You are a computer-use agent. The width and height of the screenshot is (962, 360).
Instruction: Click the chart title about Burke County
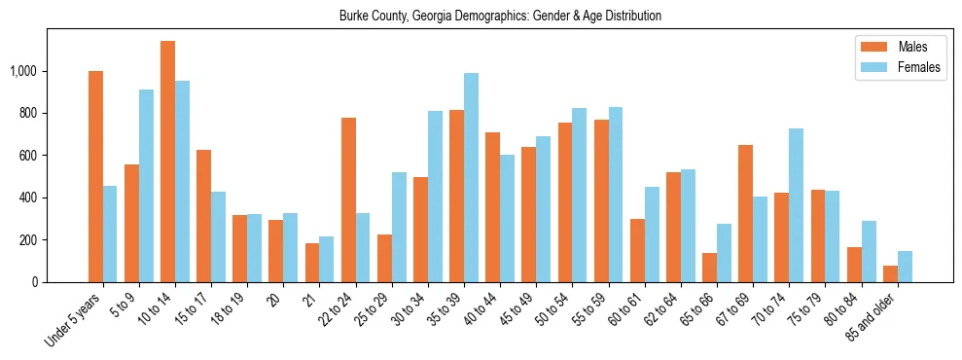pos(500,17)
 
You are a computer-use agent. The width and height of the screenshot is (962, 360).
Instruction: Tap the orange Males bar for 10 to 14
pos(167,162)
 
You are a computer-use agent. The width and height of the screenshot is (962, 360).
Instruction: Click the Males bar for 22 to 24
pos(348,199)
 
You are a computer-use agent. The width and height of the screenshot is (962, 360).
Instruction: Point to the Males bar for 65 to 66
pos(709,268)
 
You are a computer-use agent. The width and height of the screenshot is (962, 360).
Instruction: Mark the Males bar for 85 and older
pos(890,273)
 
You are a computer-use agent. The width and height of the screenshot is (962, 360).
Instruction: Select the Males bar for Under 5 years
pos(95,176)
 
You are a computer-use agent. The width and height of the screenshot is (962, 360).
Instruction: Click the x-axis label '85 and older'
pos(873,318)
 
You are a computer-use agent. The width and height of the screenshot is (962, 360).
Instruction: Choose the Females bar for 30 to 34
pos(435,197)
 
